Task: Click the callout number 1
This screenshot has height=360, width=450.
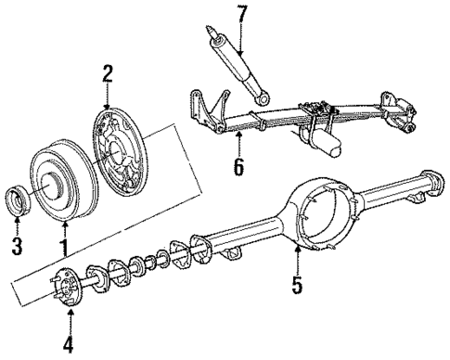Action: coord(64,247)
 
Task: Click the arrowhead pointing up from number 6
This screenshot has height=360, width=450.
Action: coord(239,137)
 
